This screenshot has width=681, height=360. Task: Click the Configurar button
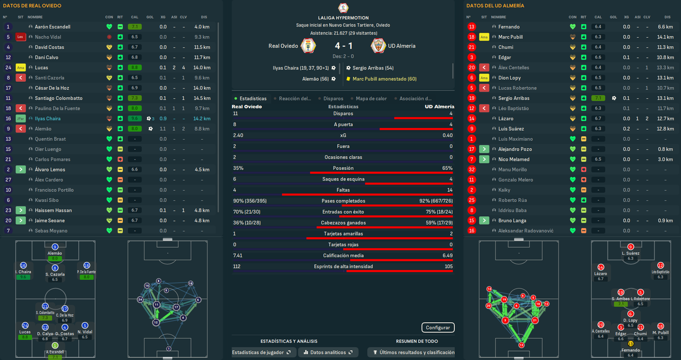coord(438,328)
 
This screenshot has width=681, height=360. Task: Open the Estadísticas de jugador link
coord(261,352)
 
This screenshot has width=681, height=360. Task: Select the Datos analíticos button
coord(328,352)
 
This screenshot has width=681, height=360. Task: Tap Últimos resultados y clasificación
coord(412,352)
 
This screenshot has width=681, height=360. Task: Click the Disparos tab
coord(333,98)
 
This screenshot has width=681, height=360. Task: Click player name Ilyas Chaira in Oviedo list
coord(48,119)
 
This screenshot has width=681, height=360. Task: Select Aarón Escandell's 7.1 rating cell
coord(135,27)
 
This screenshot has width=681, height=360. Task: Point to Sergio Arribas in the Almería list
coord(514,98)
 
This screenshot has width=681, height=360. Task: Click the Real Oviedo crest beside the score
coord(308,46)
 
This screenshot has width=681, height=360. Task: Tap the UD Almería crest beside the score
coord(378,46)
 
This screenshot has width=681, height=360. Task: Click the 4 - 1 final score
coord(344,46)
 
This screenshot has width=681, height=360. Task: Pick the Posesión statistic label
coord(343,168)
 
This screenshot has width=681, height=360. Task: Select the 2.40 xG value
coord(238,135)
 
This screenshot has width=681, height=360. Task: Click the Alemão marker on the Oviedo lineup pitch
coord(55,247)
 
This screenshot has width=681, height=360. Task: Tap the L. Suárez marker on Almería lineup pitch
coord(630,247)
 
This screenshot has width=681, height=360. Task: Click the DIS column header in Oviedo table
coord(204,17)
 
